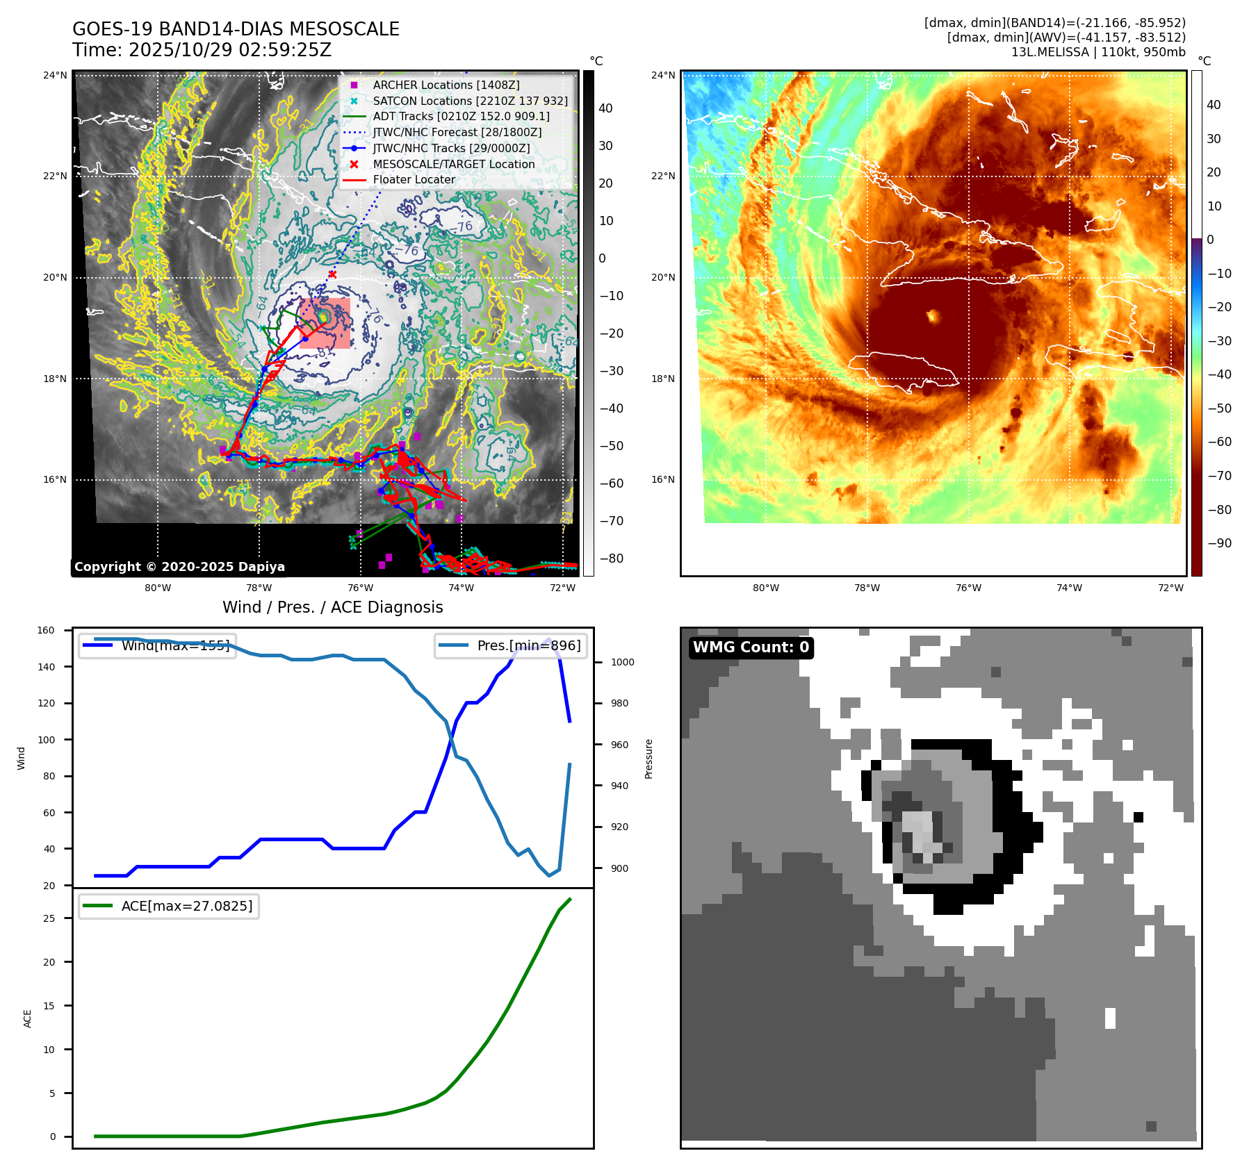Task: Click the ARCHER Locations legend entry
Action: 446,85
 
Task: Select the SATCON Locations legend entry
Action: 470,101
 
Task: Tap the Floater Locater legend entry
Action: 414,179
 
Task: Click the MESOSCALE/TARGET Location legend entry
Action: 453,164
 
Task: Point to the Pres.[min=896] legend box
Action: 511,645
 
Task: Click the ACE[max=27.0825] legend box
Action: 169,906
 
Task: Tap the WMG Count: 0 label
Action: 751,647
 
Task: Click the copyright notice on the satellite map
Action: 179,567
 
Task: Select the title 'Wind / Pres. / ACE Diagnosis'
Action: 332,607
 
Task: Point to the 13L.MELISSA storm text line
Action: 1098,52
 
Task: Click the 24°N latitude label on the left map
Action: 55,75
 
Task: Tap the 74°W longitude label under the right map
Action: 1069,588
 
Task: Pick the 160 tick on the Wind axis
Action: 46,630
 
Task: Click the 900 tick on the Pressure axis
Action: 622,868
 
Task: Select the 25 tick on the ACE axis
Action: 49,918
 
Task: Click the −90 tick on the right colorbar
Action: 1219,543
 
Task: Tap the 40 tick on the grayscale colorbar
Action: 605,108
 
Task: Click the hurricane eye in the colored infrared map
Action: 933,317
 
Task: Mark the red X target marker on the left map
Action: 332,274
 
